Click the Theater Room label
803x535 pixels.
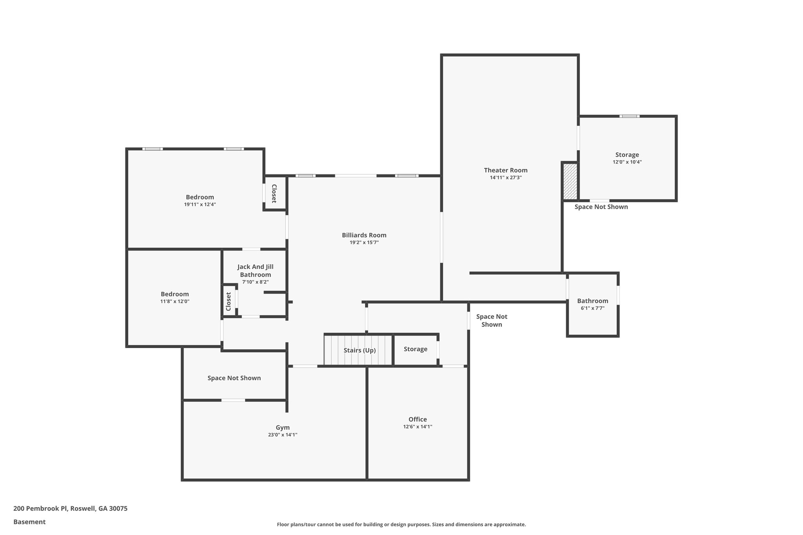coord(505,170)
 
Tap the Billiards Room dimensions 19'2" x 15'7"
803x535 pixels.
coord(364,243)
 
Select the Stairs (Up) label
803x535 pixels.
coord(360,350)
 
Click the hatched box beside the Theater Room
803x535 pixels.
coord(570,181)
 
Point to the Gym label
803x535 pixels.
coord(282,428)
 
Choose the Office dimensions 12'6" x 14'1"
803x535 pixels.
coord(418,427)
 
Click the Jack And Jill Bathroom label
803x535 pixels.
coord(255,270)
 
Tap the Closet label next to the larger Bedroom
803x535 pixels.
coord(274,194)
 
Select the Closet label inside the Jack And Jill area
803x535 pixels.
coord(229,301)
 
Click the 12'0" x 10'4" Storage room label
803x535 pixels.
coord(627,155)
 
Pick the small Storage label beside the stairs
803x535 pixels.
coord(415,349)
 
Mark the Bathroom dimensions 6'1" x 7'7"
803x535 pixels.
coord(592,308)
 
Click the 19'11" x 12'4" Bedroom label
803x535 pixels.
coord(200,197)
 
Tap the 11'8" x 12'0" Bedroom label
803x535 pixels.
coord(174,294)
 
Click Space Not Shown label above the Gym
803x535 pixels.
coord(234,378)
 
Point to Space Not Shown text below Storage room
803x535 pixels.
coord(601,207)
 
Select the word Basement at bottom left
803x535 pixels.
coord(29,522)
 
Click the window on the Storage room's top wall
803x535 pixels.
coord(629,116)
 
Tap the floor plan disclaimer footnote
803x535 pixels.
coord(401,524)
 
